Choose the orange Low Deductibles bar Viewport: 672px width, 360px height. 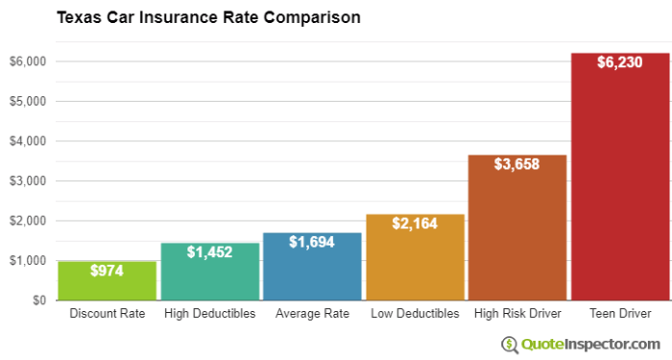click(x=415, y=264)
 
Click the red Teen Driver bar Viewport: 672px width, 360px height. click(x=619, y=192)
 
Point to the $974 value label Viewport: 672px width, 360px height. click(x=94, y=272)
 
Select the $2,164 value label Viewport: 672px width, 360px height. click(x=415, y=224)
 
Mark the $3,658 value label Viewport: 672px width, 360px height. click(x=516, y=164)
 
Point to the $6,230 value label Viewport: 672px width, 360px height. click(x=619, y=62)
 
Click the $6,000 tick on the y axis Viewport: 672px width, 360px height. click(x=29, y=61)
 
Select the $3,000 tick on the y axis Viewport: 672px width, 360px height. click(x=29, y=180)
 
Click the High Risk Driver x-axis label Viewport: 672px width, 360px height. click(x=516, y=314)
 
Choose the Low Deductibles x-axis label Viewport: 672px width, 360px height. click(x=415, y=314)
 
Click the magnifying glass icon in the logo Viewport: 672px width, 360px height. click(x=509, y=343)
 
